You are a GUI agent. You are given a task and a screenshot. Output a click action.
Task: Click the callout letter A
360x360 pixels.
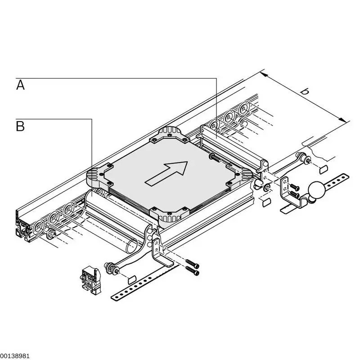(x=20, y=85)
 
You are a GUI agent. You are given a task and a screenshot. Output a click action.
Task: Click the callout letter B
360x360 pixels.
(x=20, y=126)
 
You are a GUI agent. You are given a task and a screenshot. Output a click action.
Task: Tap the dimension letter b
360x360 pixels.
(x=305, y=91)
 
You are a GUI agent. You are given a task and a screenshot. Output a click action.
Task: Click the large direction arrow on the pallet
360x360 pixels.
(x=167, y=172)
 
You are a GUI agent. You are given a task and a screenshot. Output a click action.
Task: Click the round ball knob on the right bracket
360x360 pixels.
(x=317, y=189)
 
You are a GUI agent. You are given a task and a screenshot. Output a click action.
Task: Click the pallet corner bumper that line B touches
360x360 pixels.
(x=97, y=178)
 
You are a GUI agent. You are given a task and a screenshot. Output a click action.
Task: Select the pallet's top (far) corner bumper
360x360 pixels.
(x=168, y=134)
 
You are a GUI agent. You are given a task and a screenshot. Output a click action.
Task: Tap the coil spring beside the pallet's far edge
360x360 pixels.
(x=216, y=158)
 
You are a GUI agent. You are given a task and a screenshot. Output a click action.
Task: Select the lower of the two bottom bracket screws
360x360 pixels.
(x=193, y=271)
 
